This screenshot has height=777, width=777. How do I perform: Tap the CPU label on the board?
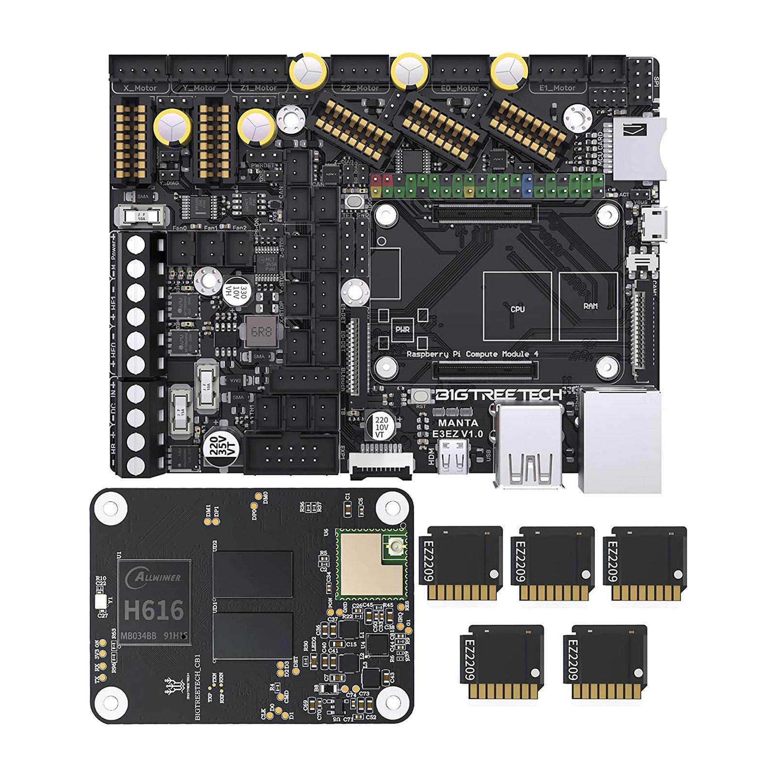517,309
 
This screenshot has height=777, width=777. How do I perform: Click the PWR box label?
402,329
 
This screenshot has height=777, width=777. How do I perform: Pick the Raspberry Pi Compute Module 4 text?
472,354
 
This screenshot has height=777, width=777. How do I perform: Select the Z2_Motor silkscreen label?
360,88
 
